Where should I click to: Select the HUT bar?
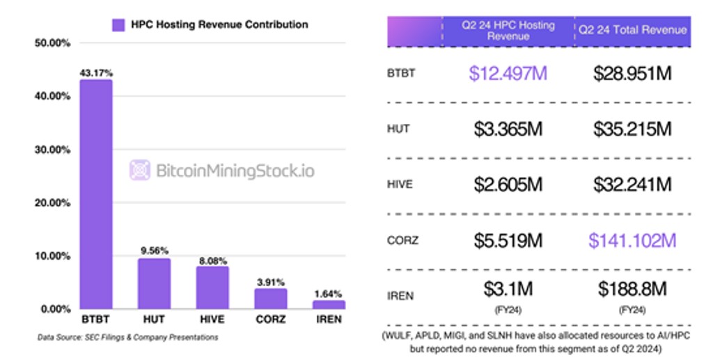coord(154,283)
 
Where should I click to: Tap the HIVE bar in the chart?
coord(212,287)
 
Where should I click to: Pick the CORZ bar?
coord(270,299)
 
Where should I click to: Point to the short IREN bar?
coord(329,304)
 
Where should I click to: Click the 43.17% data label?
coord(95,72)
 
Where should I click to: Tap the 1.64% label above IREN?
coord(329,294)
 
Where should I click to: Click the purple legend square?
coord(118,25)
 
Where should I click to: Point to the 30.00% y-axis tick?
coord(52,150)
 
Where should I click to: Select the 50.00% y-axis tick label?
coord(52,43)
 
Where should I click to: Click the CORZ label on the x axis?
coord(270,320)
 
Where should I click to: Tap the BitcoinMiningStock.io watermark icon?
coord(140,171)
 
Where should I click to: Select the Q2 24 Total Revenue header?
coord(632,30)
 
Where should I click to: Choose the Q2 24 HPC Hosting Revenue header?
coord(508,31)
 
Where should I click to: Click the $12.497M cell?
coord(508,73)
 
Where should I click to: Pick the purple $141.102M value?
coord(632,240)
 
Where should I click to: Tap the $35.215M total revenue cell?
coord(632,129)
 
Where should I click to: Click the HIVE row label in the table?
coord(400,185)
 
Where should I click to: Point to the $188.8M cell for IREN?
coord(632,288)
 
